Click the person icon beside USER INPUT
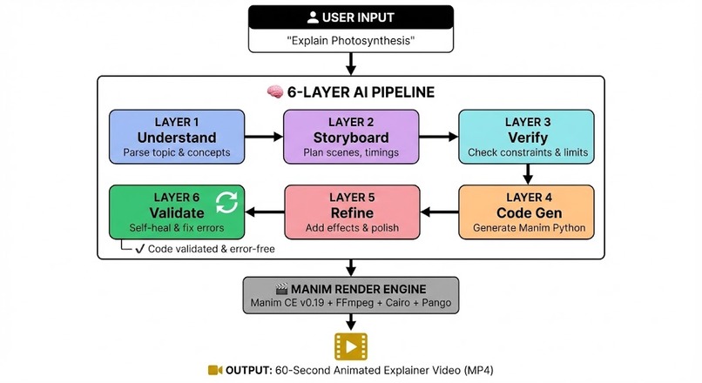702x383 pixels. pyautogui.click(x=313, y=17)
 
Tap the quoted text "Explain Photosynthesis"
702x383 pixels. pyautogui.click(x=351, y=41)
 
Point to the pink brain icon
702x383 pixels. pyautogui.click(x=275, y=91)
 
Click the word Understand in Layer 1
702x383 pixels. pyautogui.click(x=177, y=138)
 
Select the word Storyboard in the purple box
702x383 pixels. pyautogui.click(x=351, y=138)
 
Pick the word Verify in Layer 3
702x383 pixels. pyautogui.click(x=528, y=138)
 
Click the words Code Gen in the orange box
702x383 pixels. pyautogui.click(x=530, y=212)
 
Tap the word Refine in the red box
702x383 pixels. pyautogui.click(x=352, y=212)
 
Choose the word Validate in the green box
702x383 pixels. pyautogui.click(x=177, y=212)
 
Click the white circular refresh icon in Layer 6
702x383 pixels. pyautogui.click(x=226, y=203)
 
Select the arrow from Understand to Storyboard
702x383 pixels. pyautogui.click(x=264, y=137)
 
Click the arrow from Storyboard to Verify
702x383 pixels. pyautogui.click(x=439, y=137)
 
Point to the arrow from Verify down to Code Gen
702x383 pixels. pyautogui.click(x=528, y=174)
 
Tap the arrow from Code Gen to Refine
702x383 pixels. pyautogui.click(x=440, y=212)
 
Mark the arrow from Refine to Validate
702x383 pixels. pyautogui.click(x=265, y=212)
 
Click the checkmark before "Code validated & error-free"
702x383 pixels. pyautogui.click(x=140, y=249)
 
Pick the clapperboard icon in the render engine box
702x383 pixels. pyautogui.click(x=281, y=289)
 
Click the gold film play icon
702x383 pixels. pyautogui.click(x=351, y=346)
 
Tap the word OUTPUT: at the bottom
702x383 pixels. pyautogui.click(x=249, y=371)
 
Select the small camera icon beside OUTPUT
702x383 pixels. pyautogui.click(x=215, y=371)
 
